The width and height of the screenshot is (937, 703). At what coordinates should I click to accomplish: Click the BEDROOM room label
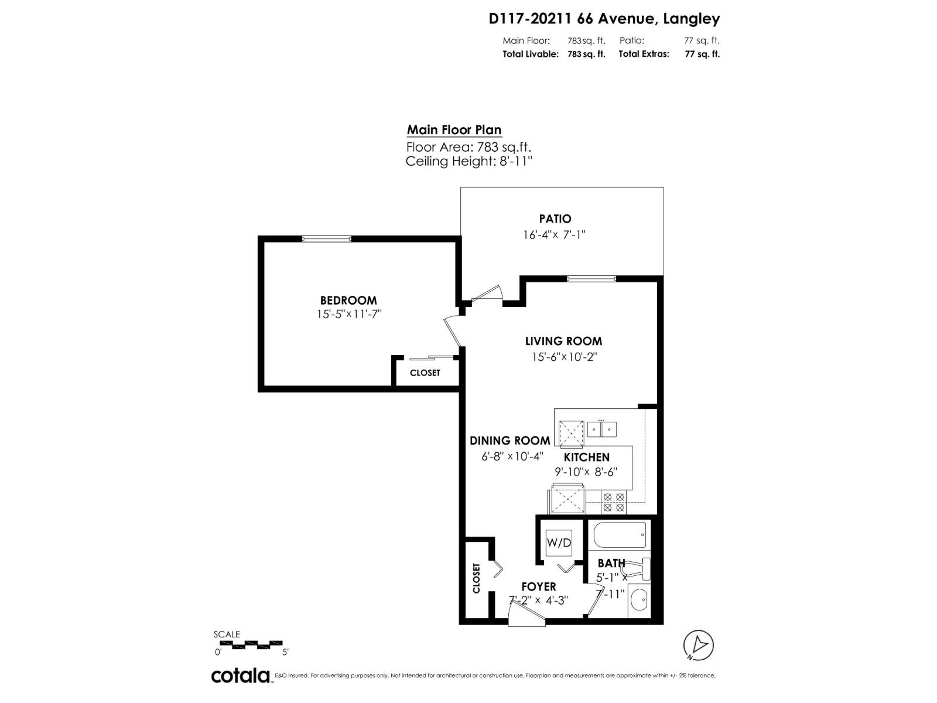348,301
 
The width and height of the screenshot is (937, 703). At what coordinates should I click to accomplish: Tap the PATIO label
555,219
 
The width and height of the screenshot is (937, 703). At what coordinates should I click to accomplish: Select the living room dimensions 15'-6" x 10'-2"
563,357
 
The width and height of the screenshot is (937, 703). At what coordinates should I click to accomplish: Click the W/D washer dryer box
559,542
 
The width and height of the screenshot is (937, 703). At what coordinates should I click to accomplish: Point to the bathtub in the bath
620,534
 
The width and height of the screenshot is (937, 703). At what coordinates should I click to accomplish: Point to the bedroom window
327,238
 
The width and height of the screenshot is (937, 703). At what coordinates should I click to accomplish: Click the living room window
591,279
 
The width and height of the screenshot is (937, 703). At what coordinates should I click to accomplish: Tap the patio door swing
487,294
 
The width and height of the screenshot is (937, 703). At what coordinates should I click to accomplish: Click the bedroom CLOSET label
425,373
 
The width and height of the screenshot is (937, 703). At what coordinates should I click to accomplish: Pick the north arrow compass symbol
699,645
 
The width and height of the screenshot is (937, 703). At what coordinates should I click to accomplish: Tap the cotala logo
240,675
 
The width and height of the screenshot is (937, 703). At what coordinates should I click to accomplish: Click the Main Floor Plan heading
454,130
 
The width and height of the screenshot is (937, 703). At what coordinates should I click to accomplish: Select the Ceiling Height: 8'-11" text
468,161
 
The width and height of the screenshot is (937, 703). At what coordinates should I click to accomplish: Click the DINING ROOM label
509,441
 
